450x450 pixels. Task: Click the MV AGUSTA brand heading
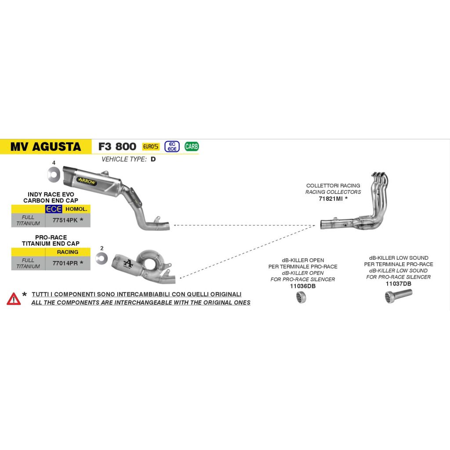click(46, 147)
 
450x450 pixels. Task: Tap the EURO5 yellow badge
click(151, 146)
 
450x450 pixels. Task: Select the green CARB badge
click(192, 147)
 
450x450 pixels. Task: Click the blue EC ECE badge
click(172, 146)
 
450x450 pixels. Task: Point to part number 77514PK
click(65, 220)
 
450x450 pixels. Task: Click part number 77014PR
click(65, 263)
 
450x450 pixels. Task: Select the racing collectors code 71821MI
click(330, 199)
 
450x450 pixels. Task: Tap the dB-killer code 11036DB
click(303, 286)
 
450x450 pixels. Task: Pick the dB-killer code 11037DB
click(398, 284)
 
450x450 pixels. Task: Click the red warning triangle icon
click(14, 299)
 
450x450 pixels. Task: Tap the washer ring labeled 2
click(102, 258)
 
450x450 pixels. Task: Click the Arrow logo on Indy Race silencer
click(87, 181)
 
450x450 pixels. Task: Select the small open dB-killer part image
click(301, 297)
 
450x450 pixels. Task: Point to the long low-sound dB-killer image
click(398, 296)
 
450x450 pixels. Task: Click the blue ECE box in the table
click(54, 209)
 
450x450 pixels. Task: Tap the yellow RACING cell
click(68, 252)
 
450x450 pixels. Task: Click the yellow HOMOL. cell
click(76, 209)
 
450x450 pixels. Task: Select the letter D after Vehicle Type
click(153, 159)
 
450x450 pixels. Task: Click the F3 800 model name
click(117, 147)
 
